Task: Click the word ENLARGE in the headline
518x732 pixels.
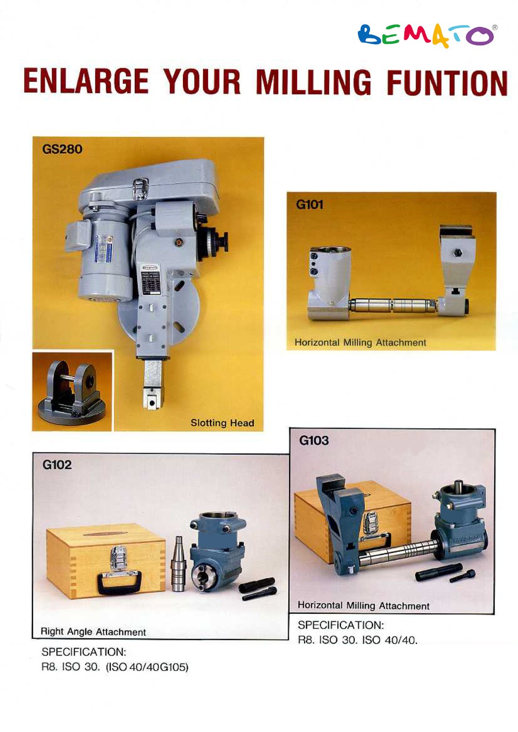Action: point(86,81)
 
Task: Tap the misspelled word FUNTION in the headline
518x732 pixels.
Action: point(446,82)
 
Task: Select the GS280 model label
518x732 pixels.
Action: point(62,149)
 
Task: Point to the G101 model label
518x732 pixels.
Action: point(309,205)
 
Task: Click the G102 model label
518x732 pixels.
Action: point(57,465)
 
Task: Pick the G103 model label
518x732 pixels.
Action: point(314,440)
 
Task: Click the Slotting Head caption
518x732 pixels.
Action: point(222,423)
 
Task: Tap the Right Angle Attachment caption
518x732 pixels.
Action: point(93,632)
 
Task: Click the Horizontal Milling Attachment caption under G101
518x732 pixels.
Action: point(360,342)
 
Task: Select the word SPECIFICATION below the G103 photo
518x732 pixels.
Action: point(341,625)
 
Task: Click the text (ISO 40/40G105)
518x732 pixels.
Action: point(147,667)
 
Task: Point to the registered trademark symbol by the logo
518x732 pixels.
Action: point(495,28)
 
